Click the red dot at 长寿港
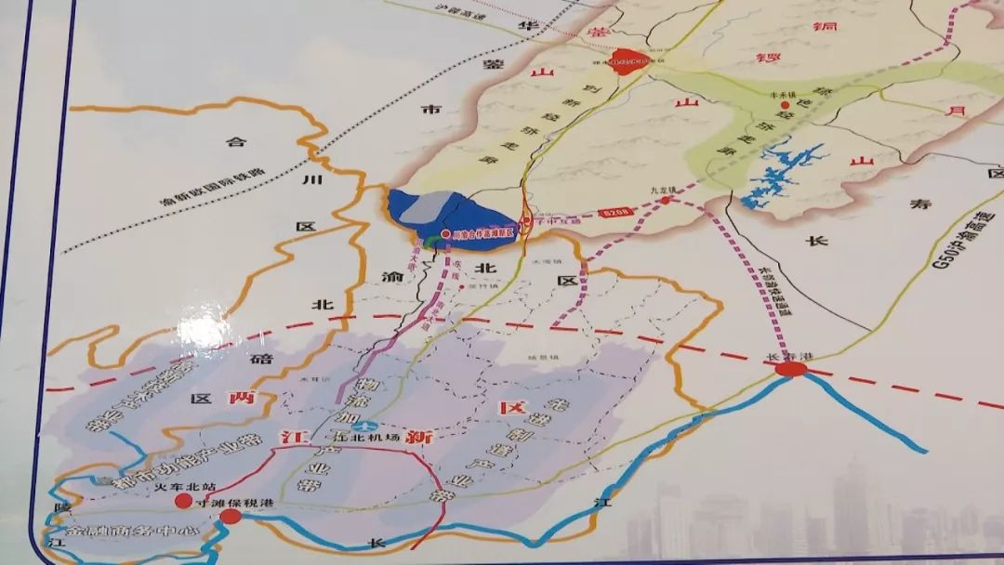tap(791, 370)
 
